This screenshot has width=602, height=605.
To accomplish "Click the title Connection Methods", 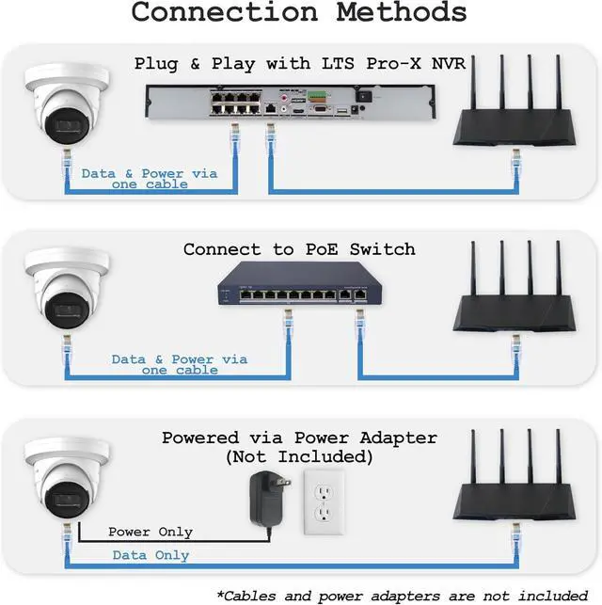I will tap(299, 13).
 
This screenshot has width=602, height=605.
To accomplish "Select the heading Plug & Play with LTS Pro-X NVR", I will tap(300, 64).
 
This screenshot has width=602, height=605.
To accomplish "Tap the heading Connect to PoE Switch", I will tap(299, 249).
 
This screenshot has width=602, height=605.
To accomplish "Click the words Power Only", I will tap(150, 532).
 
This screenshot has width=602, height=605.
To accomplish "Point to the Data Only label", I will tap(150, 555).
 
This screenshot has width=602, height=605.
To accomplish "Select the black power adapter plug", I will tap(264, 496).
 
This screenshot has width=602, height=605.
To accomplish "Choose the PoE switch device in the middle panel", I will tap(293, 286).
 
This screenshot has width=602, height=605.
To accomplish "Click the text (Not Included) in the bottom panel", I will tap(299, 457).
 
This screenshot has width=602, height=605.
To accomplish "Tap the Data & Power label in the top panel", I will tap(150, 179).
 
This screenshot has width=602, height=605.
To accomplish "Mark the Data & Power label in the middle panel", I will tap(180, 364).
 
